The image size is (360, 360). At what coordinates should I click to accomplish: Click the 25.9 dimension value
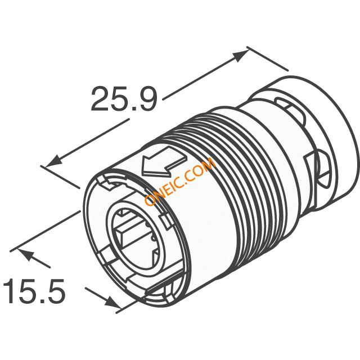pos(124,99)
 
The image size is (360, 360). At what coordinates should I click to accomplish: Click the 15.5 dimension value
pos(34,291)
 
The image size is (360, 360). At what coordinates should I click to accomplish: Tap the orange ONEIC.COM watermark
pos(180,182)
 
